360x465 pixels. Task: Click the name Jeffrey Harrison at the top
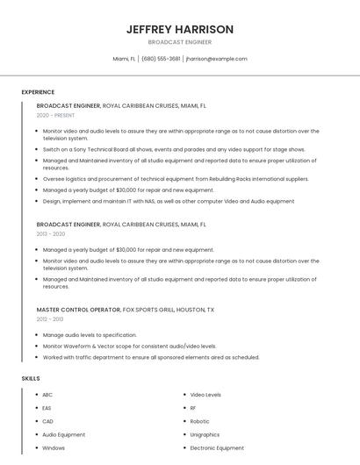pos(179,29)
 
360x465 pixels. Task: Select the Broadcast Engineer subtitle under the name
pos(179,42)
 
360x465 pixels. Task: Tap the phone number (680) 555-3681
pos(161,59)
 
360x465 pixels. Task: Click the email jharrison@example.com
pos(217,59)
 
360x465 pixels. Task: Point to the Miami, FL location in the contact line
pos(125,59)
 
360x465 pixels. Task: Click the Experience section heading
pos(38,92)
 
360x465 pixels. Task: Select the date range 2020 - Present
pos(55,115)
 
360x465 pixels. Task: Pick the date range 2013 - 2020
pos(51,234)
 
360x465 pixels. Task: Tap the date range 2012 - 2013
pos(50,319)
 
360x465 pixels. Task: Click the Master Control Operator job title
pos(78,310)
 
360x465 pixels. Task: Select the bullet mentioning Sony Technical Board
pos(174,149)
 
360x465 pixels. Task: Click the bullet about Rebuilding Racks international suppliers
pos(176,178)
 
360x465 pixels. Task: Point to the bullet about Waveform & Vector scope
pos(129,346)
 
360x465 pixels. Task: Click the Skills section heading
pos(31,378)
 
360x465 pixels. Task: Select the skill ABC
pos(47,395)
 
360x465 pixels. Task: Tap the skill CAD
pos(47,421)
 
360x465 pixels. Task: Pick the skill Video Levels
pos(205,395)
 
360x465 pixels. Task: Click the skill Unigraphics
pos(205,434)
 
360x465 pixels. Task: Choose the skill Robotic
pos(199,421)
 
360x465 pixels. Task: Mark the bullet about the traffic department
pos(151,357)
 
